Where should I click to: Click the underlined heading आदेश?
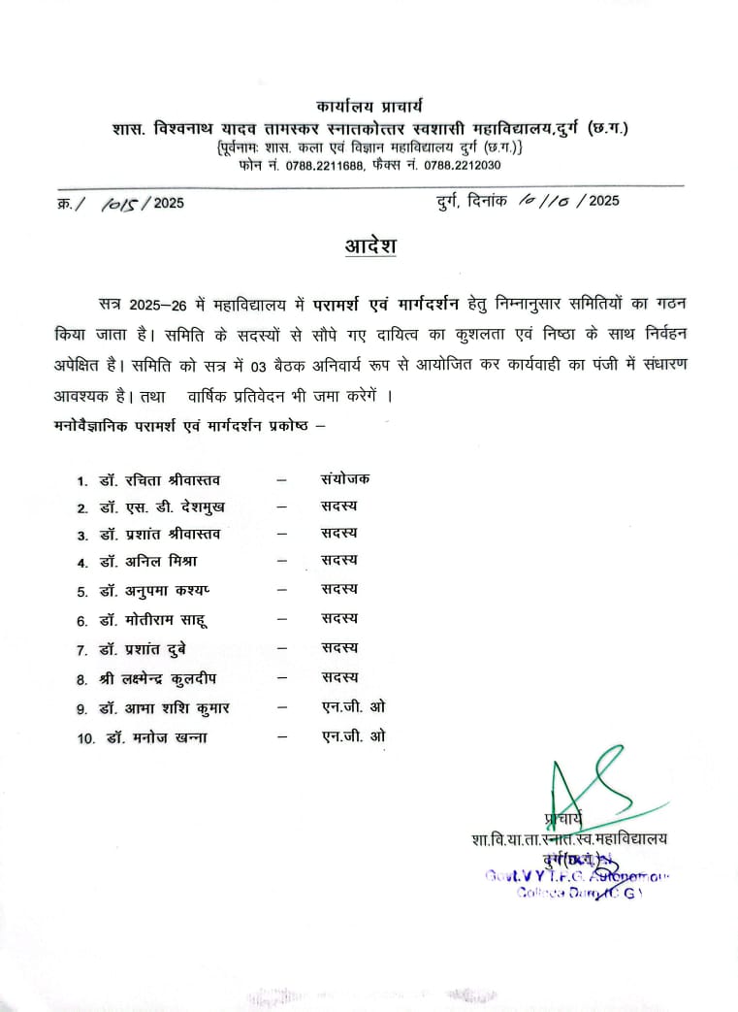pos(370,245)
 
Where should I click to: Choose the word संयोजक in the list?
pos(344,478)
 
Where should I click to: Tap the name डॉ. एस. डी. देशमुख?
pos(160,507)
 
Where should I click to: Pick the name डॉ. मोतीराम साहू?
pos(153,619)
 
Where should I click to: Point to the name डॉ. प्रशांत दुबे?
pos(146,648)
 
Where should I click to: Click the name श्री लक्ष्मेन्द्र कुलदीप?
pos(160,677)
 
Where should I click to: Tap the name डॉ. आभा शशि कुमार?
pos(163,708)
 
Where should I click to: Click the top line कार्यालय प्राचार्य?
pos(369,105)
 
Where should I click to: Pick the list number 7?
pos(82,649)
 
